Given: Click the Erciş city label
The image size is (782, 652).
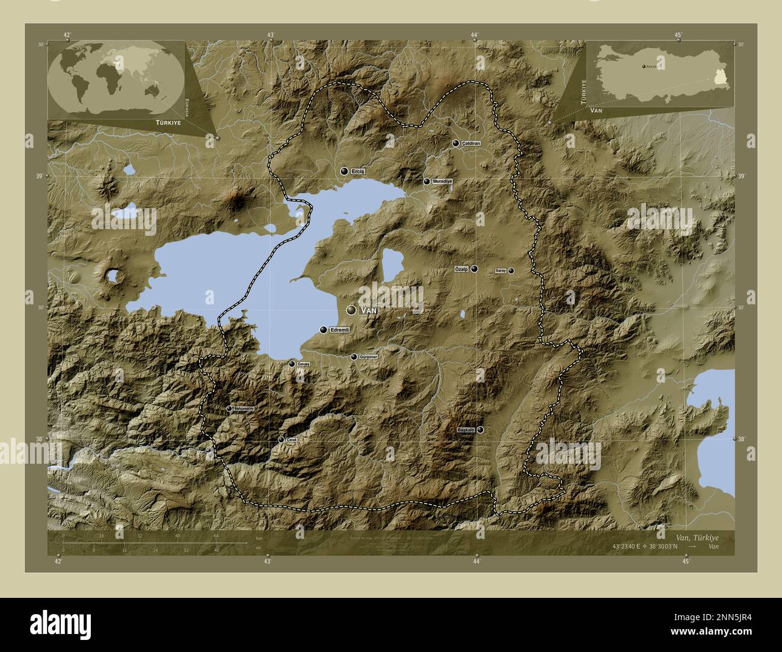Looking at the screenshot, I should [x=358, y=171].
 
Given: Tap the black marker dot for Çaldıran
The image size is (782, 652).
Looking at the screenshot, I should [x=456, y=143].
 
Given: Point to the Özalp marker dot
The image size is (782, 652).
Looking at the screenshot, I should [x=475, y=269].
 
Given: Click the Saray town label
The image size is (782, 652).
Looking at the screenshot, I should [x=500, y=271].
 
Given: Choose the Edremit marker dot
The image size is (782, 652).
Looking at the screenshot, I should [x=324, y=330].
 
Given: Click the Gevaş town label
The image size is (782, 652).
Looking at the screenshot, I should [x=304, y=364].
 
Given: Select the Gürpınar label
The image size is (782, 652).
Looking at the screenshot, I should [x=367, y=357].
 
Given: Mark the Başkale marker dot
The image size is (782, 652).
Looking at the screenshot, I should [x=480, y=429].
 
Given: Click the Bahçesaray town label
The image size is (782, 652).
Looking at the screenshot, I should [x=241, y=408].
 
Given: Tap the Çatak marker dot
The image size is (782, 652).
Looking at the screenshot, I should [x=281, y=440].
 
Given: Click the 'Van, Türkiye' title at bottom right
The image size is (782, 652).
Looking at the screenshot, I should [x=696, y=537].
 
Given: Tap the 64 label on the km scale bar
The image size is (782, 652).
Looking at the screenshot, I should [x=216, y=536].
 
